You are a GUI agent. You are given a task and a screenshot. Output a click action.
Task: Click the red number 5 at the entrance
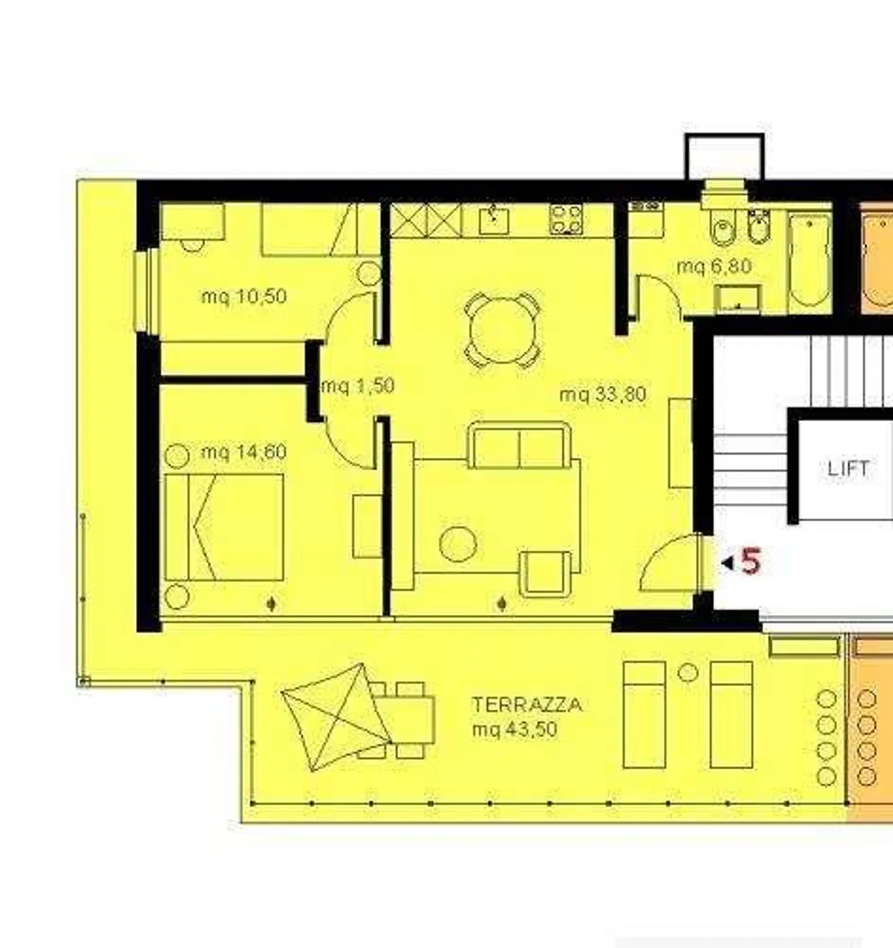750,561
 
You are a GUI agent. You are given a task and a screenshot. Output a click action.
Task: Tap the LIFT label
848,468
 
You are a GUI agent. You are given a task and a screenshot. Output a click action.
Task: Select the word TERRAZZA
527,705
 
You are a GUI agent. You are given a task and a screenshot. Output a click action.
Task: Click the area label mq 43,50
515,729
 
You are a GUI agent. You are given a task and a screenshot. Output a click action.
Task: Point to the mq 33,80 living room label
603,395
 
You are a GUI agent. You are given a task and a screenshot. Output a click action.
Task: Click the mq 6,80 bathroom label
714,266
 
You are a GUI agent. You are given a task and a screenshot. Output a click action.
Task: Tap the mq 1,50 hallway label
358,386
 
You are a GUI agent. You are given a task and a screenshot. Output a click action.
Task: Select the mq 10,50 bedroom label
244,296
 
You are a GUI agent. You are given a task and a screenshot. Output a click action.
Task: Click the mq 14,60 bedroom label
244,452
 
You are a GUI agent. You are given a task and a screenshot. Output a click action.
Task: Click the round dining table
502,330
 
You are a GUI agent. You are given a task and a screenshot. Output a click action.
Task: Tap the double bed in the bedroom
224,527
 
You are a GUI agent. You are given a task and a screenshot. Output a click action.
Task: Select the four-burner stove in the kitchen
566,219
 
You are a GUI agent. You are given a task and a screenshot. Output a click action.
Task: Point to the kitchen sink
494,220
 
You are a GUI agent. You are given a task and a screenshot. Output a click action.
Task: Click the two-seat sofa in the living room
520,445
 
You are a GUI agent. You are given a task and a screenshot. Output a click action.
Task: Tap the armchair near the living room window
545,573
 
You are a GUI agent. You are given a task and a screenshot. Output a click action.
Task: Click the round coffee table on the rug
458,543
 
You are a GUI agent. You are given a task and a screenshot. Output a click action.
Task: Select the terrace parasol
336,717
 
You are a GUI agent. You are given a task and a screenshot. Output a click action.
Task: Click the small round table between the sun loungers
688,673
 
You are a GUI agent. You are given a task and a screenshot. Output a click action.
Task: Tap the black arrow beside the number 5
727,563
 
